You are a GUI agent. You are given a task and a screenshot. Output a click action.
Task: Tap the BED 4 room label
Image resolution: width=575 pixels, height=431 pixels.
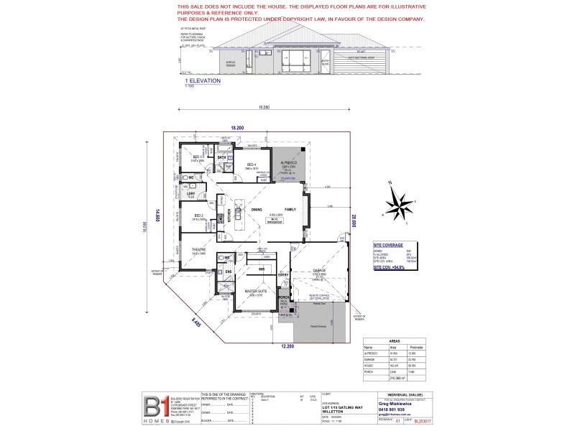pyautogui.click(x=252, y=164)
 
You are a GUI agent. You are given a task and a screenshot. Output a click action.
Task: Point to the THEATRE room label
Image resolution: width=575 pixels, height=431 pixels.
pyautogui.click(x=198, y=249)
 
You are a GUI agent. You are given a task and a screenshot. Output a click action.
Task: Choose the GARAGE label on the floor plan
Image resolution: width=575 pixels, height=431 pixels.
pyautogui.click(x=318, y=270)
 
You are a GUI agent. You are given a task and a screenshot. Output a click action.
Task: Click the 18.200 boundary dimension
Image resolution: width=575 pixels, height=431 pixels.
pyautogui.click(x=237, y=127)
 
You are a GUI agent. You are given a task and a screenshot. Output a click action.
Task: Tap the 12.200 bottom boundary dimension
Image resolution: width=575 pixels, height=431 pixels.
pyautogui.click(x=286, y=347)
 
